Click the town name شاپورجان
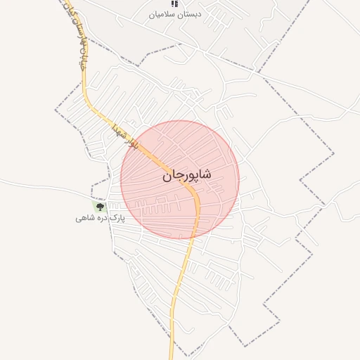coord(188,174)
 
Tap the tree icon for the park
coord(100,207)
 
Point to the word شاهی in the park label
coord(84,219)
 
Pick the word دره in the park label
coord(101,219)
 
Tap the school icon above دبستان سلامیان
coord(174,4)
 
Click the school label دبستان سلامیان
coord(175,14)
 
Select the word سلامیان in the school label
coord(161,14)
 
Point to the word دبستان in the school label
coord(189,14)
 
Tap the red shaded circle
coord(211,204)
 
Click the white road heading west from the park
coord(42,184)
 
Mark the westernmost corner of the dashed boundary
coord(56,110)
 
